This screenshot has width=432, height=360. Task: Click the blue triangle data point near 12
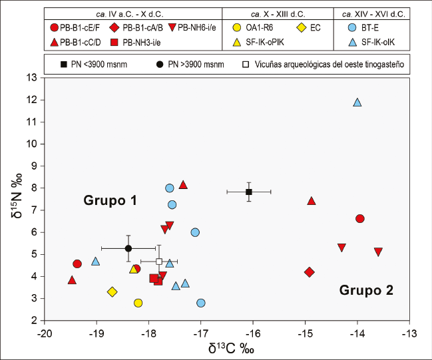tap(357, 102)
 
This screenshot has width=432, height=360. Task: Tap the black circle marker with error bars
tap(128, 248)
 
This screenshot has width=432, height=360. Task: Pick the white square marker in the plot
tap(159, 262)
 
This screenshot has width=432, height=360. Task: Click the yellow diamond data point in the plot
tap(112, 291)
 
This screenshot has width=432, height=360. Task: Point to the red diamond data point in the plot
tap(309, 271)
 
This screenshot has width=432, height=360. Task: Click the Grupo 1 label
tap(110, 200)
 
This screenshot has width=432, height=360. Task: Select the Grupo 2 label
tap(366, 290)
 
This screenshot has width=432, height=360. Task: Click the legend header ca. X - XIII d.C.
tap(278, 13)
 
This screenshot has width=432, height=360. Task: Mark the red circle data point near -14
tap(360, 218)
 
